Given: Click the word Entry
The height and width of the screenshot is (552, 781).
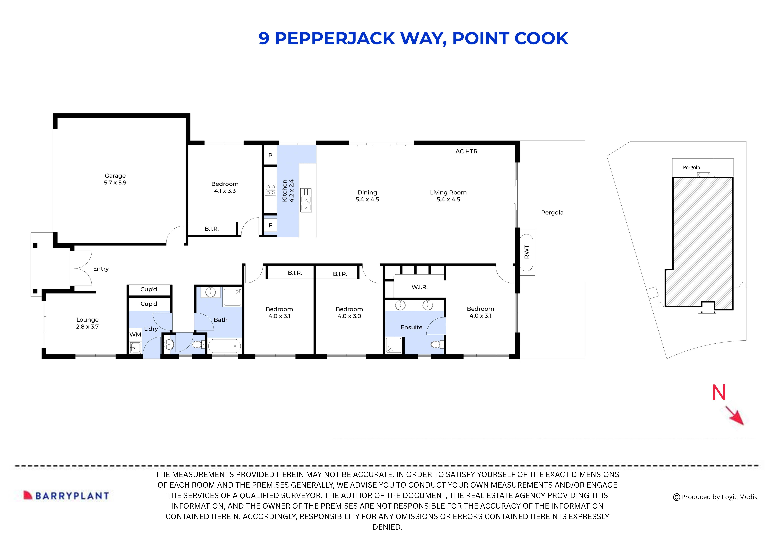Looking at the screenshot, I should (101, 269).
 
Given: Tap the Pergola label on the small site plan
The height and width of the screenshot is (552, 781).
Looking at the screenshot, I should (691, 167).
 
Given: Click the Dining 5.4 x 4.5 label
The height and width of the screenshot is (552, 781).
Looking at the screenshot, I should (367, 196).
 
